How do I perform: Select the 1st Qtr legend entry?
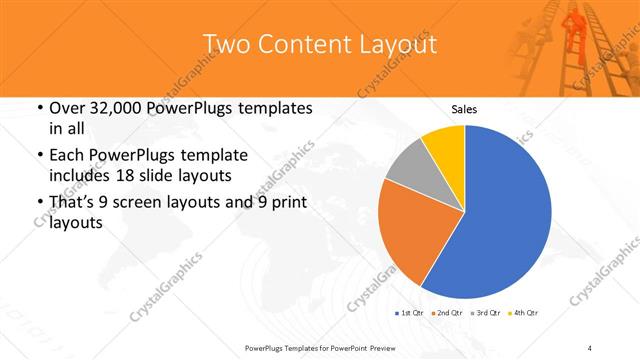pyautogui.click(x=410, y=313)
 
